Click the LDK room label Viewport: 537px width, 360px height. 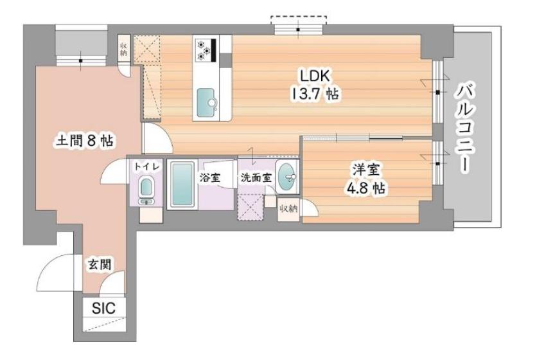pyautogui.click(x=315, y=76)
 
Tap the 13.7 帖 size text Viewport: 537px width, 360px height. pyautogui.click(x=315, y=93)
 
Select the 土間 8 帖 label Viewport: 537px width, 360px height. pyautogui.click(x=84, y=141)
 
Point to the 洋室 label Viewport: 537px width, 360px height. pyautogui.click(x=366, y=170)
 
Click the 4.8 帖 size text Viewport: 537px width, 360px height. pyautogui.click(x=366, y=188)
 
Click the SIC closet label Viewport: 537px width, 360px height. pyautogui.click(x=104, y=308)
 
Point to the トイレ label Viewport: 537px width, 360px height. pyautogui.click(x=146, y=166)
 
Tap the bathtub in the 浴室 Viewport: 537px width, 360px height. pyautogui.click(x=182, y=184)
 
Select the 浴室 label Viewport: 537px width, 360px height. pyautogui.click(x=210, y=178)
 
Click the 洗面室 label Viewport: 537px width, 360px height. pyautogui.click(x=256, y=178)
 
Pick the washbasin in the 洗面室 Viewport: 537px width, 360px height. pyautogui.click(x=287, y=177)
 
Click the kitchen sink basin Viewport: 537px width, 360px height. pyautogui.click(x=206, y=100)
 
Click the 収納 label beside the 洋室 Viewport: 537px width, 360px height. pyautogui.click(x=288, y=208)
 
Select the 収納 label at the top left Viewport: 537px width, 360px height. pyautogui.click(x=123, y=49)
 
